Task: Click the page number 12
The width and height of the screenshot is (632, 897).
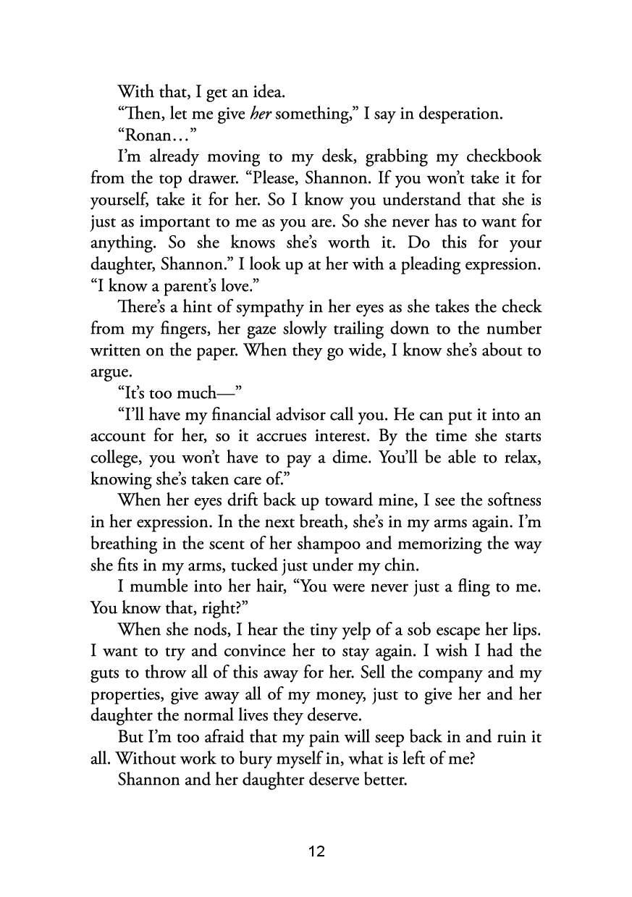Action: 316,851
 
